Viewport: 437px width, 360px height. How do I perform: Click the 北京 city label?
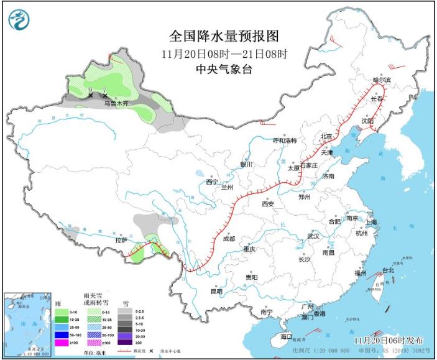(326, 136)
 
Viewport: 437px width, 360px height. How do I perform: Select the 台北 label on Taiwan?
(388, 270)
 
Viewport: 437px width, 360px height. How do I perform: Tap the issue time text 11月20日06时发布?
(389, 341)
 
